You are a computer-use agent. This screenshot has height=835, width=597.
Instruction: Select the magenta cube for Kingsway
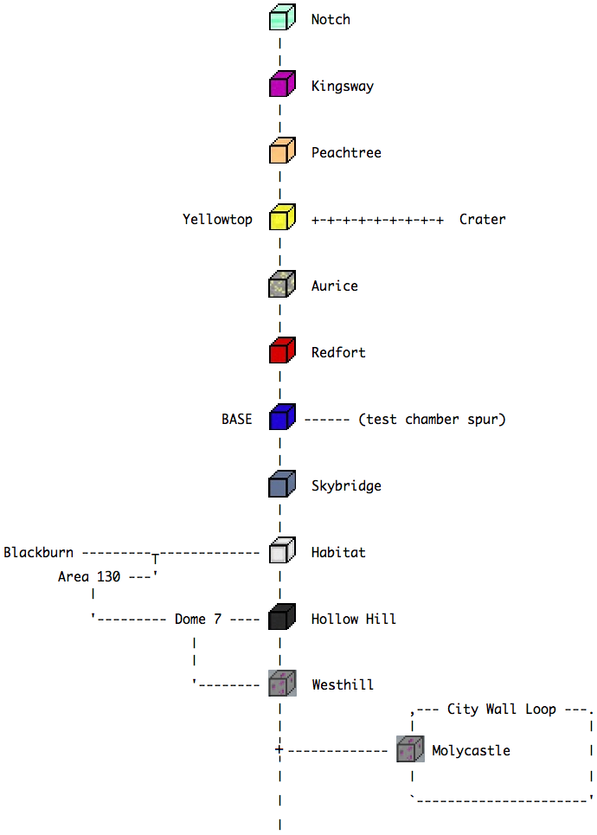pyautogui.click(x=282, y=86)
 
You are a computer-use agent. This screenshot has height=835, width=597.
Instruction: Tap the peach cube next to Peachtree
pyautogui.click(x=282, y=152)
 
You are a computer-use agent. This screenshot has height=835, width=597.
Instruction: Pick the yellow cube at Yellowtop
pyautogui.click(x=282, y=219)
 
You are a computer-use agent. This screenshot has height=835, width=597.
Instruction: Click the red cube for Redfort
pyautogui.click(x=282, y=352)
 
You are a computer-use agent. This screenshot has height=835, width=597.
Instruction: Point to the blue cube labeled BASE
pyautogui.click(x=282, y=419)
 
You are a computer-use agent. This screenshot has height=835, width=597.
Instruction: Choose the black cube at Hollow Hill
pyautogui.click(x=282, y=619)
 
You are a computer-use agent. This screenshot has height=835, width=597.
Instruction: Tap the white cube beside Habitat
pyautogui.click(x=282, y=552)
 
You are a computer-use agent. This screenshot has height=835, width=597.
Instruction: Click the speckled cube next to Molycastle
pyautogui.click(x=409, y=749)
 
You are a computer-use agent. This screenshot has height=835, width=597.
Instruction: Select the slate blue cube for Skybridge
pyautogui.click(x=282, y=485)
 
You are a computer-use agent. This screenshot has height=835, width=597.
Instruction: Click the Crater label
pyautogui.click(x=482, y=220)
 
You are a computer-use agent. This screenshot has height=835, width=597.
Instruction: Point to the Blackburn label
pyautogui.click(x=38, y=553)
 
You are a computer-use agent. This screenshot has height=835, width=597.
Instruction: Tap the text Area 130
pyautogui.click(x=88, y=576)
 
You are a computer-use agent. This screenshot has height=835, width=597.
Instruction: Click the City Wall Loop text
pyautogui.click(x=501, y=710)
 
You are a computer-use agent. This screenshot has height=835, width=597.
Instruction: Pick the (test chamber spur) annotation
pyautogui.click(x=431, y=420)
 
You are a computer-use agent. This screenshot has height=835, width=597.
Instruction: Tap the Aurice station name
pyautogui.click(x=334, y=286)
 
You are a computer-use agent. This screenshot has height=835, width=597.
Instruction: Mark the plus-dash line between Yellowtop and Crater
pyautogui.click(x=377, y=221)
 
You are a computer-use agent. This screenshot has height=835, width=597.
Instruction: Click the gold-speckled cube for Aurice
pyautogui.click(x=282, y=286)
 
